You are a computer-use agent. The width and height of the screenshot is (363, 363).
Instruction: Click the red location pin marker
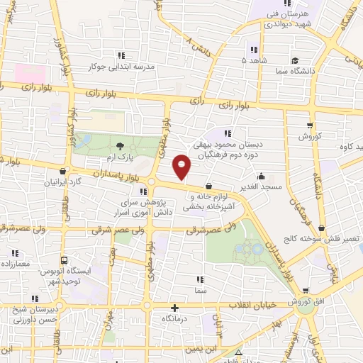182,167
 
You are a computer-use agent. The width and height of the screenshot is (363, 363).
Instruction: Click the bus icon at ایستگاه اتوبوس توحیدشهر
65,260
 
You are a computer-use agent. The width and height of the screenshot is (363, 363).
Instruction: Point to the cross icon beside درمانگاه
174,308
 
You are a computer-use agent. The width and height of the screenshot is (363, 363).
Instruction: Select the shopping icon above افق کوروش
306,290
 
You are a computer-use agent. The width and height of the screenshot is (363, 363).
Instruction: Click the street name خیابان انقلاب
245,305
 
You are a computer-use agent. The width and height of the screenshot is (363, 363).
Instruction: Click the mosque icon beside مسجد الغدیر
262,175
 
